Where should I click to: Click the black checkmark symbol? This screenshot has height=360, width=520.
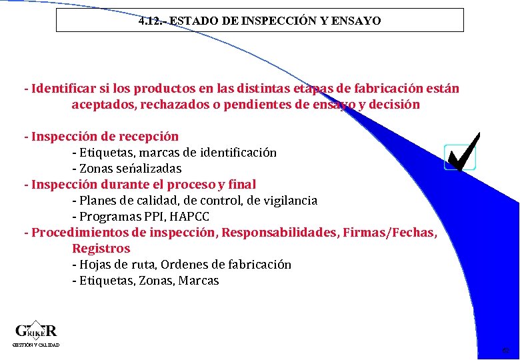[x=463, y=151]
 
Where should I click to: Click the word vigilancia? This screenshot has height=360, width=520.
[x=289, y=201]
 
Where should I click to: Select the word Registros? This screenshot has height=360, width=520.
[x=101, y=249]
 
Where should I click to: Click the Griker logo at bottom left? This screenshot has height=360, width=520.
[x=36, y=331]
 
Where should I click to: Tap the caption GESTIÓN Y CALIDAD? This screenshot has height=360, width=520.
[x=36, y=345]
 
